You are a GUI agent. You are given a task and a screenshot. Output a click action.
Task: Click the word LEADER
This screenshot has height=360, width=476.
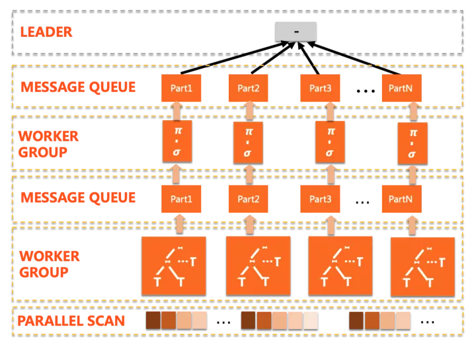pyautogui.click(x=46, y=32)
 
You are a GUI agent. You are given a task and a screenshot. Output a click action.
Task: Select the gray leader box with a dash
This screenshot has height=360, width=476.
pyautogui.click(x=296, y=32)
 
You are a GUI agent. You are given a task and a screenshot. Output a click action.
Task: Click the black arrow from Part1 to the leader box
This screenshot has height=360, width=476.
pyautogui.click(x=235, y=58)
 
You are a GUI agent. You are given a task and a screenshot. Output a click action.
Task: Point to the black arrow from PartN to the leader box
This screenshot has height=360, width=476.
pyautogui.click(x=354, y=59)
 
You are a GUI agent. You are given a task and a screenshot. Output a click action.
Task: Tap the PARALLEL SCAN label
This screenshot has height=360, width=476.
pyautogui.click(x=71, y=321)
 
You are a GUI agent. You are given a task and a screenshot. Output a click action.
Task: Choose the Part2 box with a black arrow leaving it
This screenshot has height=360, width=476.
pyautogui.click(x=249, y=88)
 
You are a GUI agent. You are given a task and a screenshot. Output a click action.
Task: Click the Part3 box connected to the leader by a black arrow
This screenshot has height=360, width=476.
pyautogui.click(x=320, y=88)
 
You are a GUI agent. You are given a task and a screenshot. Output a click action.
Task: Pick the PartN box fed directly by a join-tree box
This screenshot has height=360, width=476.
pyautogui.click(x=402, y=199)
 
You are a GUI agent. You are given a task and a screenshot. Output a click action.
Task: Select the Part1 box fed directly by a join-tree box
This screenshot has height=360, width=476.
pyautogui.click(x=181, y=199)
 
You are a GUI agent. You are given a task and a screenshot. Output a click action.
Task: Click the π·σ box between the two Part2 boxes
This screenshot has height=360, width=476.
pyautogui.click(x=248, y=142)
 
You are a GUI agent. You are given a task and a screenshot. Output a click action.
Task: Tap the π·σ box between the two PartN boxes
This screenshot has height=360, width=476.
pyautogui.click(x=413, y=143)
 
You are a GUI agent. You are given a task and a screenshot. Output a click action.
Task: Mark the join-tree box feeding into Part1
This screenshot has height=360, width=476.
pyautogui.click(x=174, y=266)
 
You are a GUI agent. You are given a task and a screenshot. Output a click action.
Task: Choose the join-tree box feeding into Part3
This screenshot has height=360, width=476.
pyautogui.click(x=340, y=266)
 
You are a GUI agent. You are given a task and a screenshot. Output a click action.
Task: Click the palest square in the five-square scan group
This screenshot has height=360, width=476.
pyautogui.click(x=311, y=321)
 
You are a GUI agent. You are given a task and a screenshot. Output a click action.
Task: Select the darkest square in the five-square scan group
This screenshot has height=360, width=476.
pyautogui.click(x=248, y=320)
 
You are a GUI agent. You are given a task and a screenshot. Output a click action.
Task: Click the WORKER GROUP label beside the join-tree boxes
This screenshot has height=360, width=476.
pyautogui.click(x=50, y=264)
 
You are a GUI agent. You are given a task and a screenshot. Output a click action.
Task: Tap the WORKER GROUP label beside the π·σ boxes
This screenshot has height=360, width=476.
pyautogui.click(x=48, y=144)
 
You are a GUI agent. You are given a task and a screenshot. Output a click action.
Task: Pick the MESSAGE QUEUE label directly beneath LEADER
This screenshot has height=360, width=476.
pyautogui.click(x=78, y=87)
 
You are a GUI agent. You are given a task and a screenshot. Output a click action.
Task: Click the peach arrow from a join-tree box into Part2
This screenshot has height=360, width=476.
pyautogui.click(x=249, y=224)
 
